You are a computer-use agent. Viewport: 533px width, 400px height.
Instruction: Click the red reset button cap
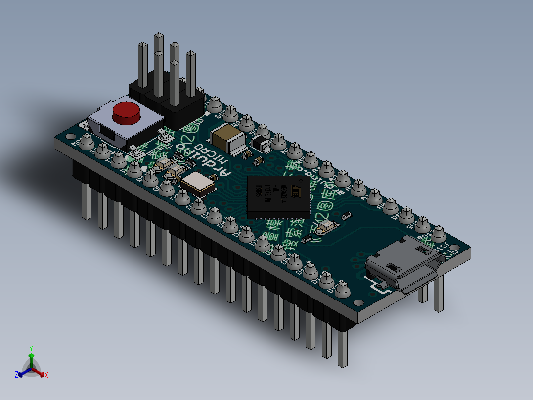coord(126,113)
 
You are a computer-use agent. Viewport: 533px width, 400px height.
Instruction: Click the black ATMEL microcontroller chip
coord(278,197)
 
